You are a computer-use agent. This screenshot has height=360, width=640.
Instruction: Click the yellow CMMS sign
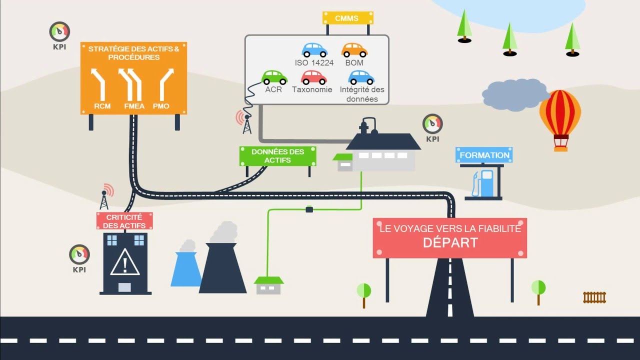(347, 18)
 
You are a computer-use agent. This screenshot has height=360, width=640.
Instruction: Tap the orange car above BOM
(354, 50)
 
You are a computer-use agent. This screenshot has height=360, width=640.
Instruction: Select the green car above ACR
(274, 77)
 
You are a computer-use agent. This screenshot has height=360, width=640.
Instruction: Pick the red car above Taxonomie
(314, 77)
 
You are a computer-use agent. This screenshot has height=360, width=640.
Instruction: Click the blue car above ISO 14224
(314, 50)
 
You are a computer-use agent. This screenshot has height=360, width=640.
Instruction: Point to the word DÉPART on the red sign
(450, 243)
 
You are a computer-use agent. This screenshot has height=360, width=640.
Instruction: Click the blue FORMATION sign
(484, 155)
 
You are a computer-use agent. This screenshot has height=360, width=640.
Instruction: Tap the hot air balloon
(560, 120)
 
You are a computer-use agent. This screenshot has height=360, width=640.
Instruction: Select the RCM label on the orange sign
(102, 106)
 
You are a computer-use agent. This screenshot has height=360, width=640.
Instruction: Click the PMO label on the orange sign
(161, 106)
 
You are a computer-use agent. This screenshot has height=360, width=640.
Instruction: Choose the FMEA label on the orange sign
(134, 106)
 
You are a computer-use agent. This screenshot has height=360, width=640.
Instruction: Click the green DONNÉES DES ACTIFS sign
(277, 156)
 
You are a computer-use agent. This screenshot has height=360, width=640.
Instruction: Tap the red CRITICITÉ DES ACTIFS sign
(124, 221)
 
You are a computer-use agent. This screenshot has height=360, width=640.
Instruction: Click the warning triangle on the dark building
(125, 262)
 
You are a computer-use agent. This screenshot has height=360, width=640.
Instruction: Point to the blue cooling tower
(185, 269)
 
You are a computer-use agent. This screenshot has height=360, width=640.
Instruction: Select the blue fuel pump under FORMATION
(483, 183)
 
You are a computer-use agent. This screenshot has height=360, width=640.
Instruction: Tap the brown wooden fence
(594, 297)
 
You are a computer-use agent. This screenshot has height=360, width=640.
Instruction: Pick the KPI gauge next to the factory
(432, 124)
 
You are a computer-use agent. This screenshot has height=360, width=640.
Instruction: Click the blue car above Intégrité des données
(361, 77)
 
